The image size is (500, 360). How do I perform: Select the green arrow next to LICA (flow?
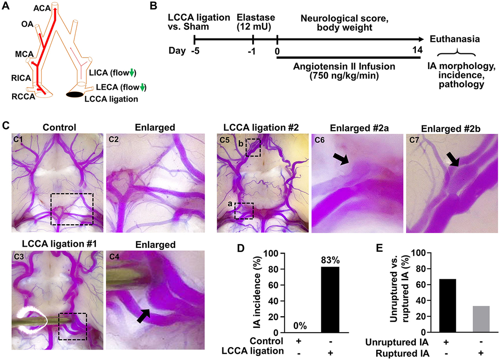pyautogui.click(x=132, y=74)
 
